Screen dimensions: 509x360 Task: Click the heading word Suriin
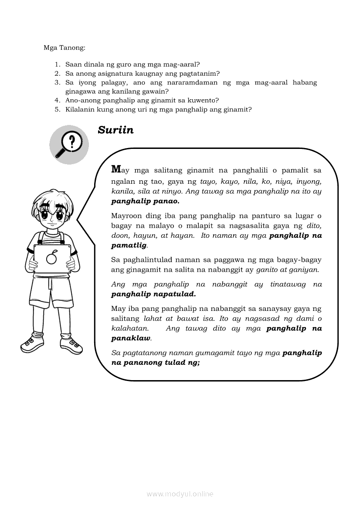click(x=115, y=130)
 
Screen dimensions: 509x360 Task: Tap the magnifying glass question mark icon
click(x=69, y=145)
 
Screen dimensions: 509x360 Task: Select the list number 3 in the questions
click(x=57, y=82)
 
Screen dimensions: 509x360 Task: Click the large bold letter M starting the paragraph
click(x=116, y=169)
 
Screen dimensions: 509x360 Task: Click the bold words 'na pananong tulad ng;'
click(x=156, y=362)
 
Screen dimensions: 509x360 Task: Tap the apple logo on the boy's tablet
click(x=52, y=258)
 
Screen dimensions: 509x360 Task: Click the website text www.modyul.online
click(x=180, y=494)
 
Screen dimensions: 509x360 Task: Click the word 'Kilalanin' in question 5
click(x=80, y=109)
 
